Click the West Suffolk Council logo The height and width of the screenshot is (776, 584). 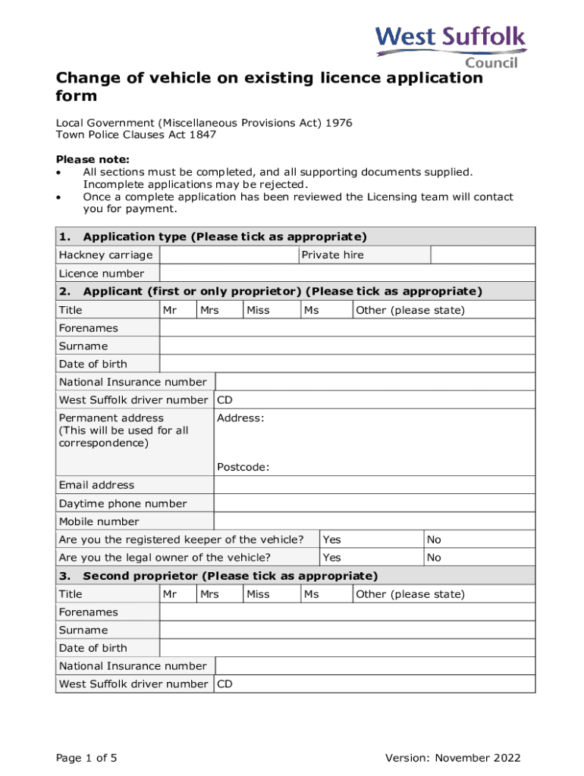click(x=451, y=45)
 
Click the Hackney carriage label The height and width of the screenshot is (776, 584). click(x=105, y=255)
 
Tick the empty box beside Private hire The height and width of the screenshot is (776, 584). click(x=482, y=255)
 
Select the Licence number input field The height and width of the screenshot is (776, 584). click(x=347, y=273)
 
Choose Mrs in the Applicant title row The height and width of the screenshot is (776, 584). click(x=209, y=310)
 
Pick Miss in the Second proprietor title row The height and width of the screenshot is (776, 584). click(x=258, y=594)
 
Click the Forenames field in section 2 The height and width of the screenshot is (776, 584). click(x=347, y=328)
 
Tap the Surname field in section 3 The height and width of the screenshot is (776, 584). click(x=347, y=630)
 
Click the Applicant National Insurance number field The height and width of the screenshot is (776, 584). click(x=375, y=382)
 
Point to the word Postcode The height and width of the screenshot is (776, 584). click(x=243, y=467)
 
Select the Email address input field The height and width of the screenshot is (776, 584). click(x=375, y=485)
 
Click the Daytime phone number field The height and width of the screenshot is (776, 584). click(x=375, y=503)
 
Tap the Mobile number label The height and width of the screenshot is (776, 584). click(x=99, y=521)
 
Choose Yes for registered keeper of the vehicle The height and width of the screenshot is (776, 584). click(x=331, y=540)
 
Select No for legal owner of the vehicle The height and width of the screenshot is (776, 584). click(x=434, y=558)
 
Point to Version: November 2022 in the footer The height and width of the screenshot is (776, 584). click(x=453, y=758)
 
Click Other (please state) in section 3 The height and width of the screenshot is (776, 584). click(x=410, y=594)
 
